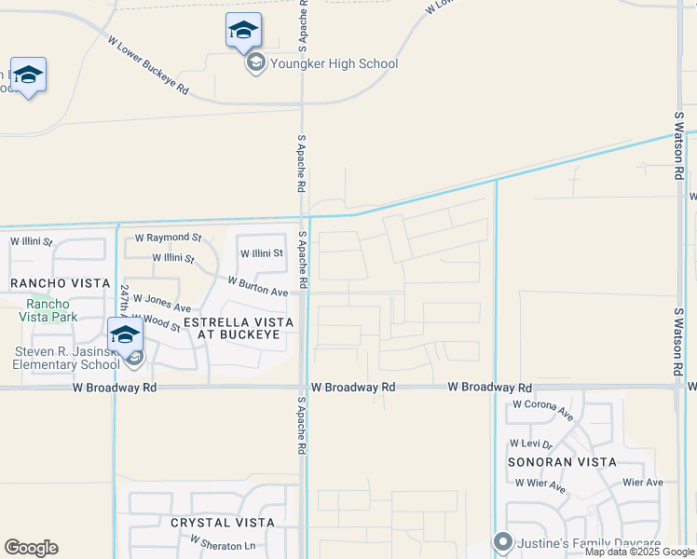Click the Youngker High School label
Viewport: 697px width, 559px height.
pyautogui.click(x=333, y=64)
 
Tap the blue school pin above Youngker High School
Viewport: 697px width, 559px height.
pyautogui.click(x=243, y=30)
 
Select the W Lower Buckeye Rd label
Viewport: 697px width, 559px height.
pyautogui.click(x=148, y=66)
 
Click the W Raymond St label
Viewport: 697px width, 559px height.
pyautogui.click(x=168, y=239)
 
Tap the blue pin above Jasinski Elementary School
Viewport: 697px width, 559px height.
pyautogui.click(x=124, y=334)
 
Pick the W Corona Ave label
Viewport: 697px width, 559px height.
pyautogui.click(x=542, y=406)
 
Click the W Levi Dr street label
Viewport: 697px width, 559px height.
pyautogui.click(x=531, y=444)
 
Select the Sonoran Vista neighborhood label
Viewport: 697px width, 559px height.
pyautogui.click(x=562, y=462)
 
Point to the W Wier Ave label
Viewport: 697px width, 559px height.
pyautogui.click(x=540, y=485)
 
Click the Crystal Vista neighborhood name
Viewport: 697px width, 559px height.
pyautogui.click(x=223, y=523)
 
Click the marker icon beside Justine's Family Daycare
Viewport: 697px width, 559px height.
pyautogui.click(x=503, y=541)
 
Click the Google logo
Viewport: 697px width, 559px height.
pyautogui.click(x=31, y=548)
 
